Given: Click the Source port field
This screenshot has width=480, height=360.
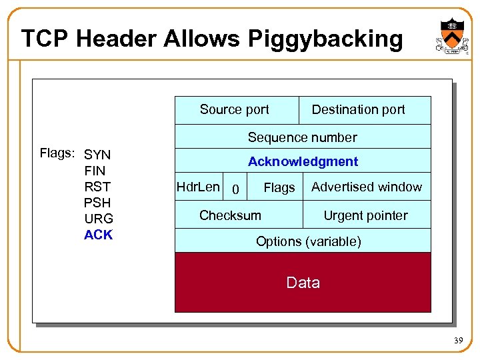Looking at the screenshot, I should tap(235, 110).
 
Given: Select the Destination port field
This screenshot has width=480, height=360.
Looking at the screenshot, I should tap(359, 110).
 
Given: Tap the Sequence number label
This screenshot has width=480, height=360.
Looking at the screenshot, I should tap(303, 137).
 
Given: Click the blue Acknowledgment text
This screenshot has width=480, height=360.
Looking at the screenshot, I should tap(303, 161).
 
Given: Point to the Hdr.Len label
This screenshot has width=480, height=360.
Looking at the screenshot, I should tap(197, 187).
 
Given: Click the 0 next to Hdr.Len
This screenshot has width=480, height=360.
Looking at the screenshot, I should tap(235, 190).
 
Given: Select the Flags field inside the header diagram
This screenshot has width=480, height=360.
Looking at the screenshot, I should tap(279, 189).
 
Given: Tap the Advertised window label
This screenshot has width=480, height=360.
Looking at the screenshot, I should tap(367, 187).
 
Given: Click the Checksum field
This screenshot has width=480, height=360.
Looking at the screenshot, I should tap(230, 215).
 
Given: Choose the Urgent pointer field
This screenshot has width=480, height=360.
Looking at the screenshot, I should tap(365, 215).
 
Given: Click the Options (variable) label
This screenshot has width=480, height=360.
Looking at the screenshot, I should tap(309, 241).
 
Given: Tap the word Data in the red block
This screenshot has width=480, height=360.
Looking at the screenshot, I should tap(303, 283).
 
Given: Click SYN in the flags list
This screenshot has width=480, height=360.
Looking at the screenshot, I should tap(97, 155).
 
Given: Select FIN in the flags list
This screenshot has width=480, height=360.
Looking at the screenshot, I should tap(95, 171).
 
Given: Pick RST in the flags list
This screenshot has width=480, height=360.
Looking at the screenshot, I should tap(97, 187).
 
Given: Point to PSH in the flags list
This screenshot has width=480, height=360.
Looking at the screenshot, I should tap(97, 203).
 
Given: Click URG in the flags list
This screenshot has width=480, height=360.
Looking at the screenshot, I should tap(99, 219).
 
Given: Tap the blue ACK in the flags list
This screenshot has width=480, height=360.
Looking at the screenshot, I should tap(99, 235).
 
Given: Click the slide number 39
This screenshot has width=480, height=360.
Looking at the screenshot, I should tap(458, 341).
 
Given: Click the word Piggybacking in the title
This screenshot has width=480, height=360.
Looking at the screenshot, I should tap(325, 39).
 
